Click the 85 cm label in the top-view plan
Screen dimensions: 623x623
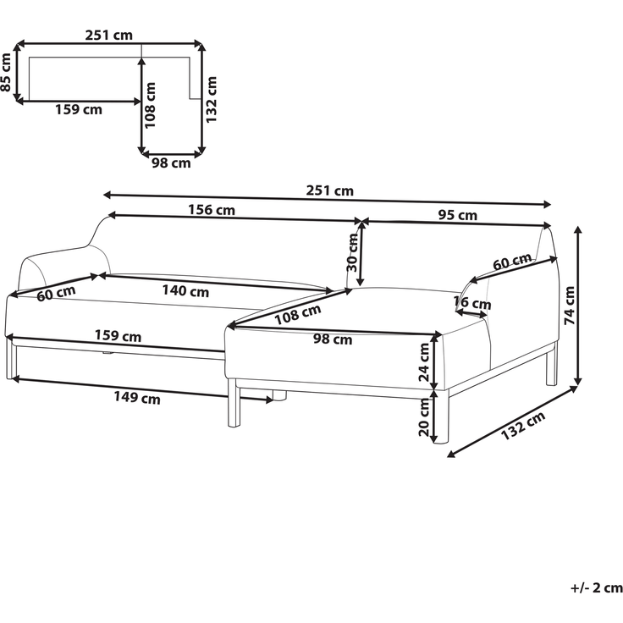[6, 72]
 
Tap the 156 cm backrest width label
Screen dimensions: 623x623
[212, 209]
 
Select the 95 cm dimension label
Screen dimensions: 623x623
[458, 215]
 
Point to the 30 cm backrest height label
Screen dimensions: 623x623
[352, 252]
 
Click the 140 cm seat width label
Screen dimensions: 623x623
[185, 291]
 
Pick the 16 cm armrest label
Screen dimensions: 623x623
[472, 303]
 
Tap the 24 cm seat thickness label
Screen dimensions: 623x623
[424, 362]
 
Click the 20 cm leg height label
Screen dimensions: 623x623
[424, 416]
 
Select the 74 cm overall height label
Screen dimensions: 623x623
[570, 305]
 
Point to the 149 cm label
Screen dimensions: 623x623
[137, 397]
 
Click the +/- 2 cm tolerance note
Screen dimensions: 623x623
[597, 587]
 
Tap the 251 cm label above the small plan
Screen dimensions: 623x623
[109, 35]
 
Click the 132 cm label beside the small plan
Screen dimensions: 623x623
[211, 99]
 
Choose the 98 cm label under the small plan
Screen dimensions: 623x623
[171, 163]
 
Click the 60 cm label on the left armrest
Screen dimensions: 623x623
[56, 293]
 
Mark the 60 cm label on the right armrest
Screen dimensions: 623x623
[512, 262]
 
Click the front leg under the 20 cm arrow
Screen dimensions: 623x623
[441, 416]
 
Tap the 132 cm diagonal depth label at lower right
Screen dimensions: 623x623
[522, 426]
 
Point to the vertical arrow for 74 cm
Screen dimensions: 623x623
[578, 305]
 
